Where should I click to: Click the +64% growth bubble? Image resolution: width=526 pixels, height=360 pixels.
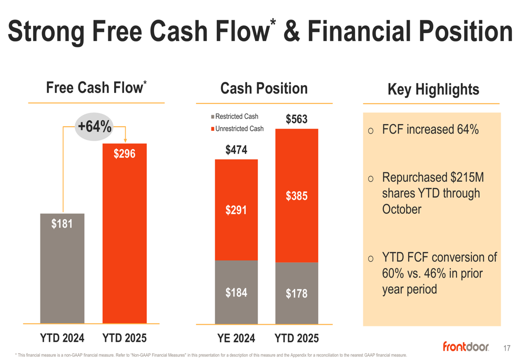(94, 127)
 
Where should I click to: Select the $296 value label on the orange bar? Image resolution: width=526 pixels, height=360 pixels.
(125, 153)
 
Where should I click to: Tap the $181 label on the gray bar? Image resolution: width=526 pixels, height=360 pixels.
(62, 224)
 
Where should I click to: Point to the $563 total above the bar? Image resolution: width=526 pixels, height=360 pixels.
(296, 120)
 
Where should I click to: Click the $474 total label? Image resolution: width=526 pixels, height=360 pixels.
(236, 150)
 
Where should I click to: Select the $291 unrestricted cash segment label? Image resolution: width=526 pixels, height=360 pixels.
(236, 211)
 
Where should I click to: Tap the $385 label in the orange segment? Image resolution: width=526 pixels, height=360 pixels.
(296, 197)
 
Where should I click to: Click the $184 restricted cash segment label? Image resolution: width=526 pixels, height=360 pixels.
(236, 293)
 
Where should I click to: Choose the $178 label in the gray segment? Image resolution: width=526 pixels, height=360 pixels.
(296, 294)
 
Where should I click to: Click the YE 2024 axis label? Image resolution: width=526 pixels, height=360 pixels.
(236, 338)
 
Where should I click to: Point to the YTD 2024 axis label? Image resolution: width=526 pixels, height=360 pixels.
(62, 338)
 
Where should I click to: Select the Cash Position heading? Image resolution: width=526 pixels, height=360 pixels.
(264, 88)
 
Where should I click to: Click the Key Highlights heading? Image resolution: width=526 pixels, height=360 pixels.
(433, 89)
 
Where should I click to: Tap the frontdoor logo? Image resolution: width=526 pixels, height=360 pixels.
(466, 346)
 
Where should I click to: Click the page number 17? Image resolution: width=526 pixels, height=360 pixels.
(507, 348)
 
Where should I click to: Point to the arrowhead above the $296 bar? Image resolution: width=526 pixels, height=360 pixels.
(125, 140)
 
